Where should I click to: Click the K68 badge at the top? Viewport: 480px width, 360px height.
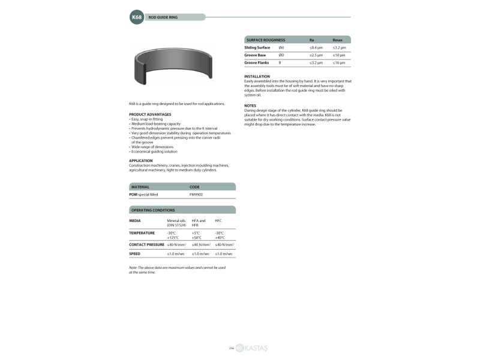[137, 17]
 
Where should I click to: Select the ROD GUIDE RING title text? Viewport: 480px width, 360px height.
[163, 17]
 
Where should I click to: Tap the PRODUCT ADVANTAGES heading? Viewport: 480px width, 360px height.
[150, 114]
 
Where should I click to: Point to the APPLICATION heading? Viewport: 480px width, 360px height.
[141, 160]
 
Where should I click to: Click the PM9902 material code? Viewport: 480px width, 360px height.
[196, 194]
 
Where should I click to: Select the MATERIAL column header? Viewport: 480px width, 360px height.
[140, 187]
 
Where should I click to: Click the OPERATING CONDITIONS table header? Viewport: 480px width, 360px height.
[153, 210]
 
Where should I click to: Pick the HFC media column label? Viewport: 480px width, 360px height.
[218, 221]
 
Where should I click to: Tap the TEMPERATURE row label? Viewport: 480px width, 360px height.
[142, 233]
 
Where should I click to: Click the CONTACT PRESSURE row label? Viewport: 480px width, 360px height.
[146, 245]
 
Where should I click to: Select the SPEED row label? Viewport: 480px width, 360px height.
[135, 254]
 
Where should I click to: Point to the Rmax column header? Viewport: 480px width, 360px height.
[337, 40]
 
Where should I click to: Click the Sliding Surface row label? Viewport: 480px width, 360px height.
[257, 47]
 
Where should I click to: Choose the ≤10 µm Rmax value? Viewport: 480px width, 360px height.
[339, 55]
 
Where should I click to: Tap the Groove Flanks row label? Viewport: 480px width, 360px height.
[256, 62]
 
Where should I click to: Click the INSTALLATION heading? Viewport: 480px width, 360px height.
[257, 76]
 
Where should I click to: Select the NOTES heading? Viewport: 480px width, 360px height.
[250, 105]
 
